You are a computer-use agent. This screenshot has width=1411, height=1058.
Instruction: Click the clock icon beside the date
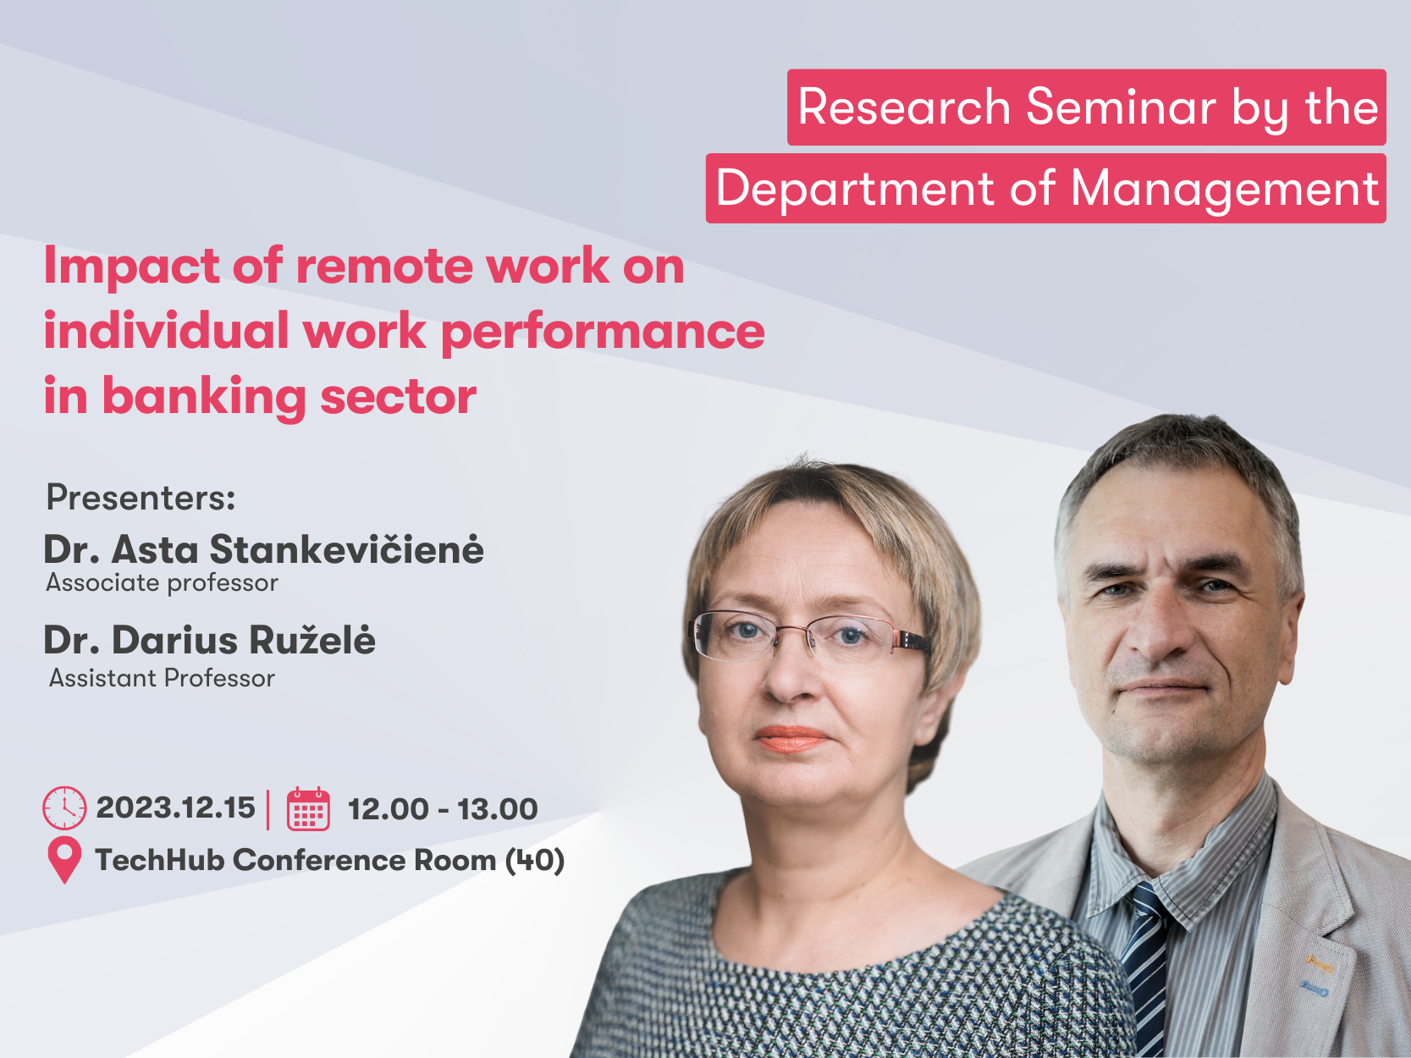pos(64,808)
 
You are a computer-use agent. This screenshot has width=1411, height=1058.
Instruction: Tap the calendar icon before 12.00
pos(309,808)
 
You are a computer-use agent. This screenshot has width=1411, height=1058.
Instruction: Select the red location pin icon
pos(65,860)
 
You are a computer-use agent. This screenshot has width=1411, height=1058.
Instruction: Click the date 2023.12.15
pos(175,808)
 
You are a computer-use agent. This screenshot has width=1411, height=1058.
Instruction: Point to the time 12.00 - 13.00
pos(443,808)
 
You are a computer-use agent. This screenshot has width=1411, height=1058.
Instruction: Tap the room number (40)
pos(535,861)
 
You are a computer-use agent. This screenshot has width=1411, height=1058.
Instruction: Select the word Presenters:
pos(141,498)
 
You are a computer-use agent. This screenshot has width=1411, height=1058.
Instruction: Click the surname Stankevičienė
pos(346,549)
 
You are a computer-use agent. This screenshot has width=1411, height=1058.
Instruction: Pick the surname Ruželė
pos(311,640)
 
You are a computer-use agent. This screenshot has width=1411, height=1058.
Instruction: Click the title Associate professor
pos(162,583)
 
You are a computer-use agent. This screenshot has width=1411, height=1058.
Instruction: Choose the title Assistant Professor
pos(162,678)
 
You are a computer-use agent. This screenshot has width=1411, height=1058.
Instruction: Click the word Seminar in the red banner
pos(1121,107)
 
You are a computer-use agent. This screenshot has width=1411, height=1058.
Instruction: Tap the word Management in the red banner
pos(1224,189)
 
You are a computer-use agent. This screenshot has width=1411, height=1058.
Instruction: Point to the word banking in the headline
pos(204,397)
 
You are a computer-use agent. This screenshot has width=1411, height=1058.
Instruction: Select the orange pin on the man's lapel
pos(1319,963)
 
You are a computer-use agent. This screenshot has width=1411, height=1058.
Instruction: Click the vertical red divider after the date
pos(268,808)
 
